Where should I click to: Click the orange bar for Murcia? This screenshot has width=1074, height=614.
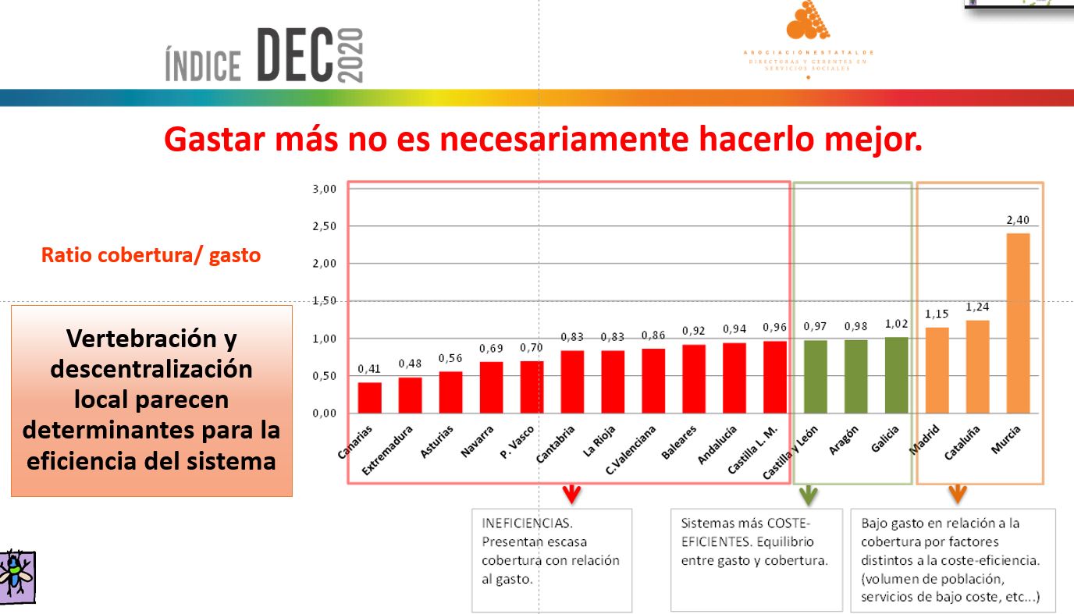(x=1018, y=323)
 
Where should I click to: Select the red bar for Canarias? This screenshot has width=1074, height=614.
(x=369, y=398)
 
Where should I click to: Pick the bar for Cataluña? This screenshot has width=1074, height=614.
(x=977, y=367)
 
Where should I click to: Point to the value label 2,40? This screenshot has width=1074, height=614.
(x=1018, y=221)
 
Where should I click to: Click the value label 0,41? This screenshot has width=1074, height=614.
(x=369, y=369)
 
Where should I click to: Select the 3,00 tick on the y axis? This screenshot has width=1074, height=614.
(x=324, y=189)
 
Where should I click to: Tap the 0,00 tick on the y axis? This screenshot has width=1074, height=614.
(x=324, y=413)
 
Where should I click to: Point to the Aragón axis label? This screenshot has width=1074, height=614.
(x=844, y=441)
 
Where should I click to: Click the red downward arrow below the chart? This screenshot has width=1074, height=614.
(x=572, y=493)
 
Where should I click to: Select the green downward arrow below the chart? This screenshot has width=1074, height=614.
(x=808, y=493)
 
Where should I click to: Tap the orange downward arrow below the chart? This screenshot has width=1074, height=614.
(x=957, y=493)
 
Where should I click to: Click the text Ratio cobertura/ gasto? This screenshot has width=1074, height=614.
(x=151, y=255)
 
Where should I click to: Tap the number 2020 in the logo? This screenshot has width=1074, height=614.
(x=351, y=55)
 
